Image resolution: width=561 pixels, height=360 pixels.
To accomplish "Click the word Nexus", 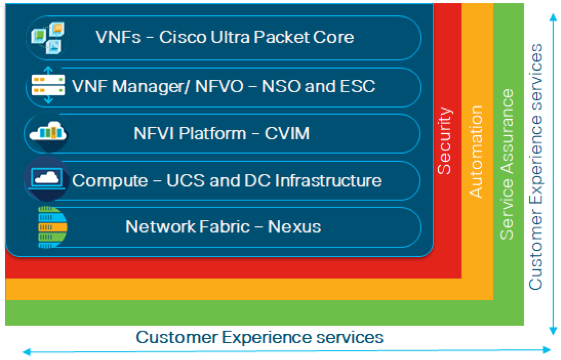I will point(295,227).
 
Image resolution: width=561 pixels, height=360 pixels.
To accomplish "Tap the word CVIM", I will point(287,133).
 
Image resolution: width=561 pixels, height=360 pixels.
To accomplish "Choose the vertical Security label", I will point(445,141).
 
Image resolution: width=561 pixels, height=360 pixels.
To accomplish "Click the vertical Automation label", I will point(476,151).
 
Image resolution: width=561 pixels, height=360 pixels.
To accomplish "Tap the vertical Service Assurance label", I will point(508,164).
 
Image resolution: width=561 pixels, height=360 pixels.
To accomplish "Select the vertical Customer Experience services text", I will point(536,166).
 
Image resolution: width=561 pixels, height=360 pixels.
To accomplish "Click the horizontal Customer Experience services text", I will point(259,337).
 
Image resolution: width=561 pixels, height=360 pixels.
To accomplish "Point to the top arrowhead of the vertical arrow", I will point(552,17).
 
